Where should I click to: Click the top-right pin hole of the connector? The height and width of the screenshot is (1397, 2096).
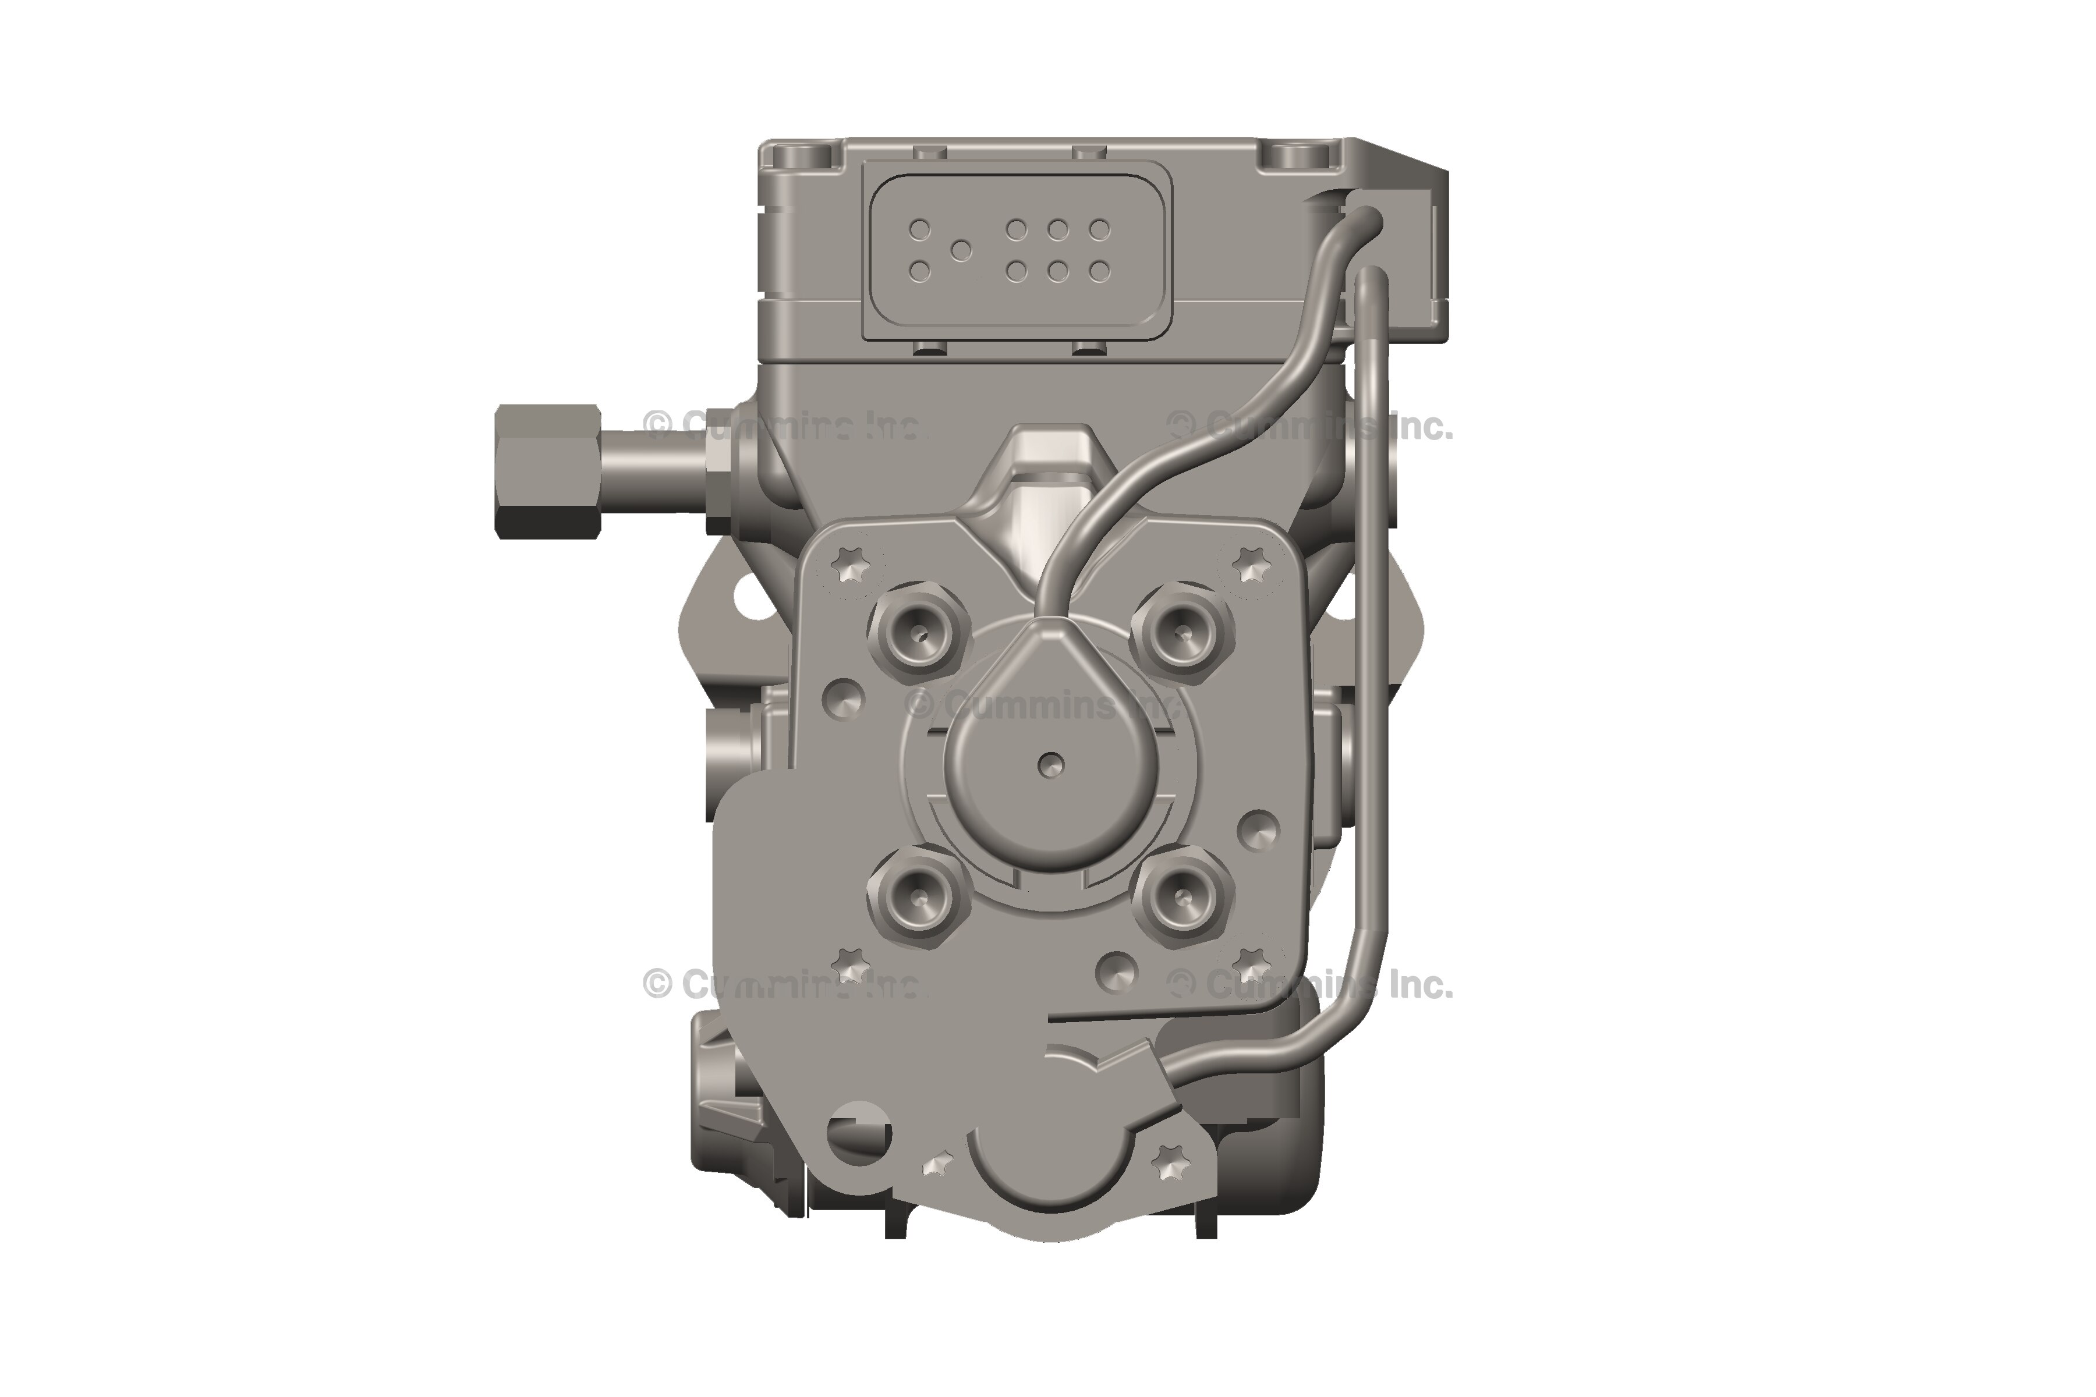[1100, 230]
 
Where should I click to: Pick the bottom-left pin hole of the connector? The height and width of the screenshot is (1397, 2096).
[920, 271]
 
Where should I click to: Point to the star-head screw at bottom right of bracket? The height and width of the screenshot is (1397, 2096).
[1170, 1162]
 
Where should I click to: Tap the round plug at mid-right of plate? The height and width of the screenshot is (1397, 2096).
[1258, 831]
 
